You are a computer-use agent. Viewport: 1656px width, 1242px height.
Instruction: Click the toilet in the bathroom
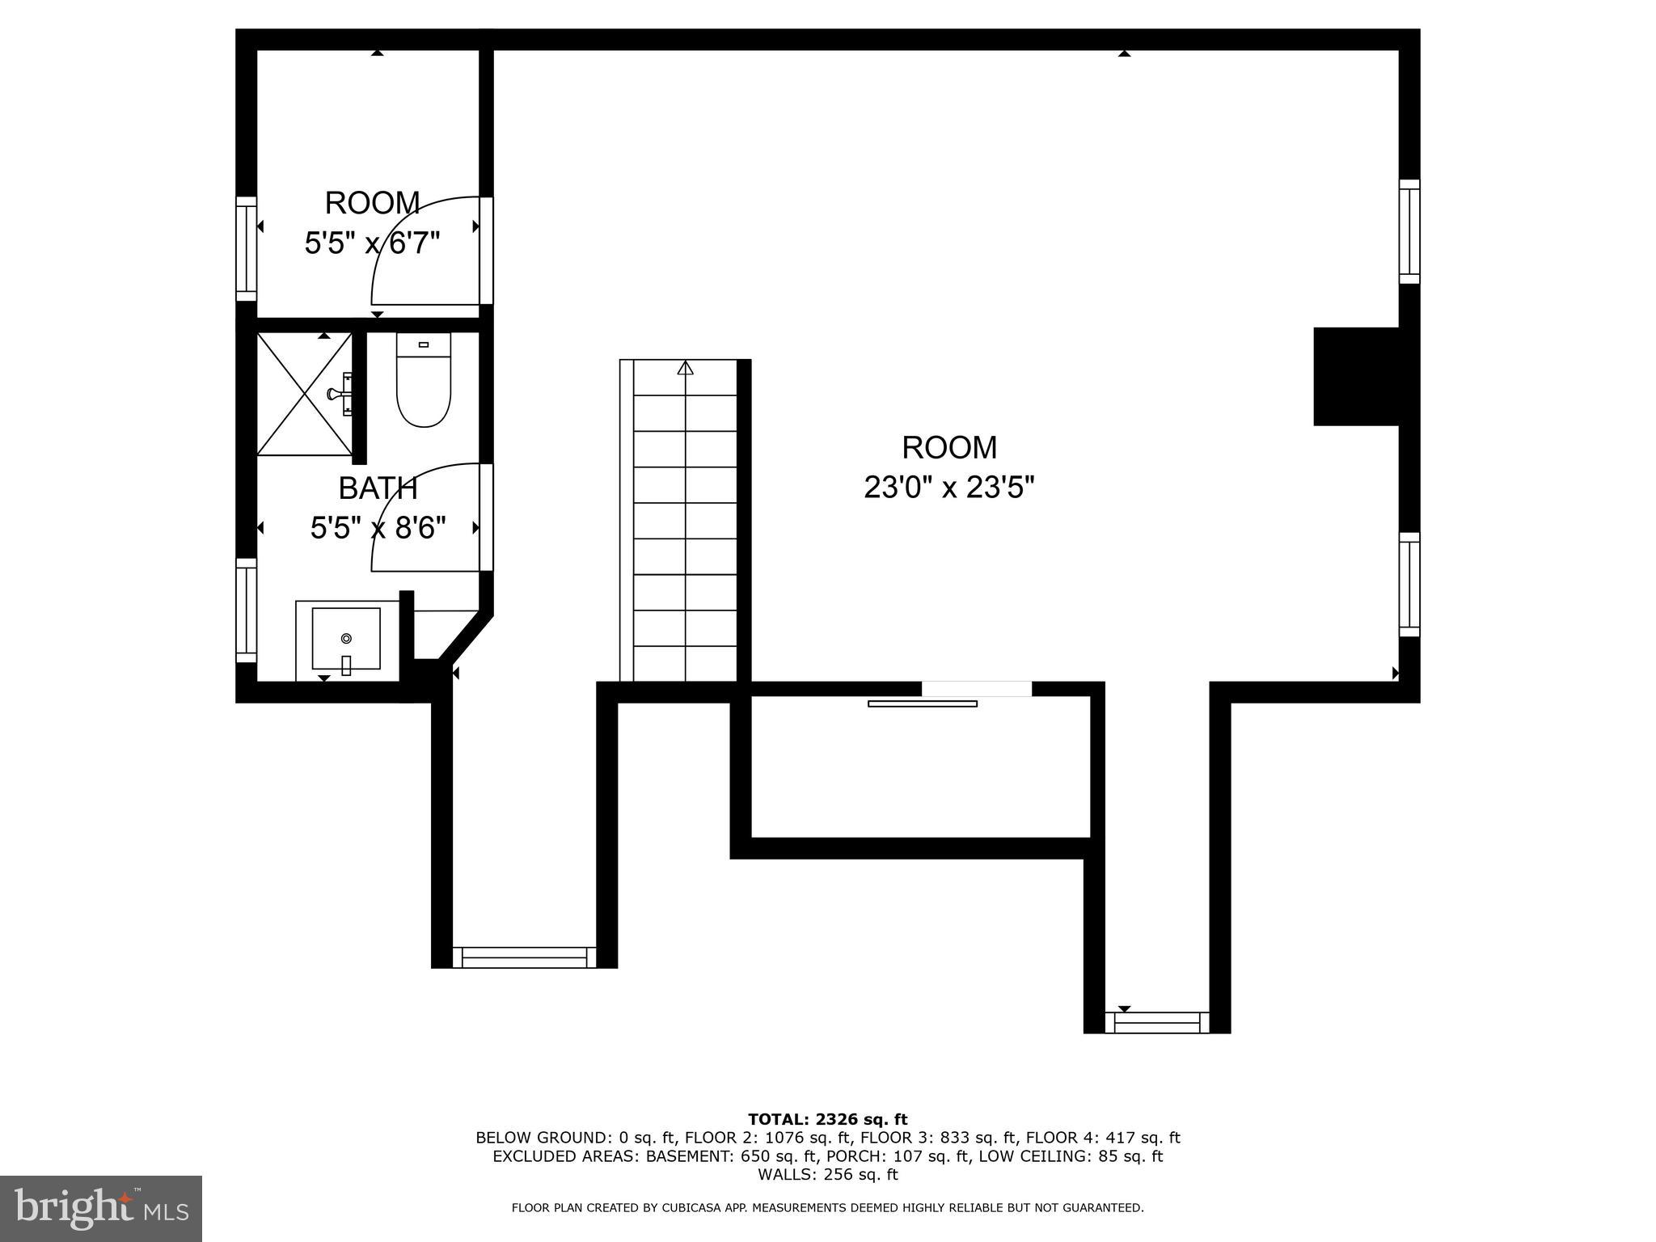point(423,381)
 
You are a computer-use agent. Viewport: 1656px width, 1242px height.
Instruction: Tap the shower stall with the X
point(304,394)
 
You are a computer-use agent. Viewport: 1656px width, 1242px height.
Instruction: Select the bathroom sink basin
point(346,639)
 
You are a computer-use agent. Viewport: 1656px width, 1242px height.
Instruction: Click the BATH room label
point(378,488)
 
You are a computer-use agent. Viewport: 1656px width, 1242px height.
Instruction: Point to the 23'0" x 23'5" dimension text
point(949,488)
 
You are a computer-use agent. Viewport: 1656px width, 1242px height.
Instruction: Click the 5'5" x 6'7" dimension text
point(372,243)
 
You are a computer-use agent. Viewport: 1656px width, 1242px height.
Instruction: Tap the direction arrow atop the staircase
point(686,369)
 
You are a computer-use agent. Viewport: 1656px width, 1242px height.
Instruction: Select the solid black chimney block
point(1357,376)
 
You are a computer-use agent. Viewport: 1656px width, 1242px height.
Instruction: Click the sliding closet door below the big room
point(923,703)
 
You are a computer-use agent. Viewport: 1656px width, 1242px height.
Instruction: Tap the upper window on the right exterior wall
point(1409,231)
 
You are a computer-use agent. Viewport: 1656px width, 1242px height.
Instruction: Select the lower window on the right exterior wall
point(1409,585)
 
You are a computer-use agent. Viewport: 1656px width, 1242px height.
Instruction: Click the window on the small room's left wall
point(246,248)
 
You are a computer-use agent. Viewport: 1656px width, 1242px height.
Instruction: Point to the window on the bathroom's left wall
point(246,610)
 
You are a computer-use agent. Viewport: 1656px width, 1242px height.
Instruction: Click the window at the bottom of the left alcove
point(524,957)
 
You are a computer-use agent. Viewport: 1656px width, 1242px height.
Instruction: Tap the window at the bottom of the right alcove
point(1157,1023)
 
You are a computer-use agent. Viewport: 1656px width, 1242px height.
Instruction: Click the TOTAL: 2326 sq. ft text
point(827,1119)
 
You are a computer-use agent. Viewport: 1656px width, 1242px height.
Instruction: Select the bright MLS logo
point(101,1208)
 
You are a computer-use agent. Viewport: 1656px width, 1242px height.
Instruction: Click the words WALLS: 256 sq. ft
point(827,1175)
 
